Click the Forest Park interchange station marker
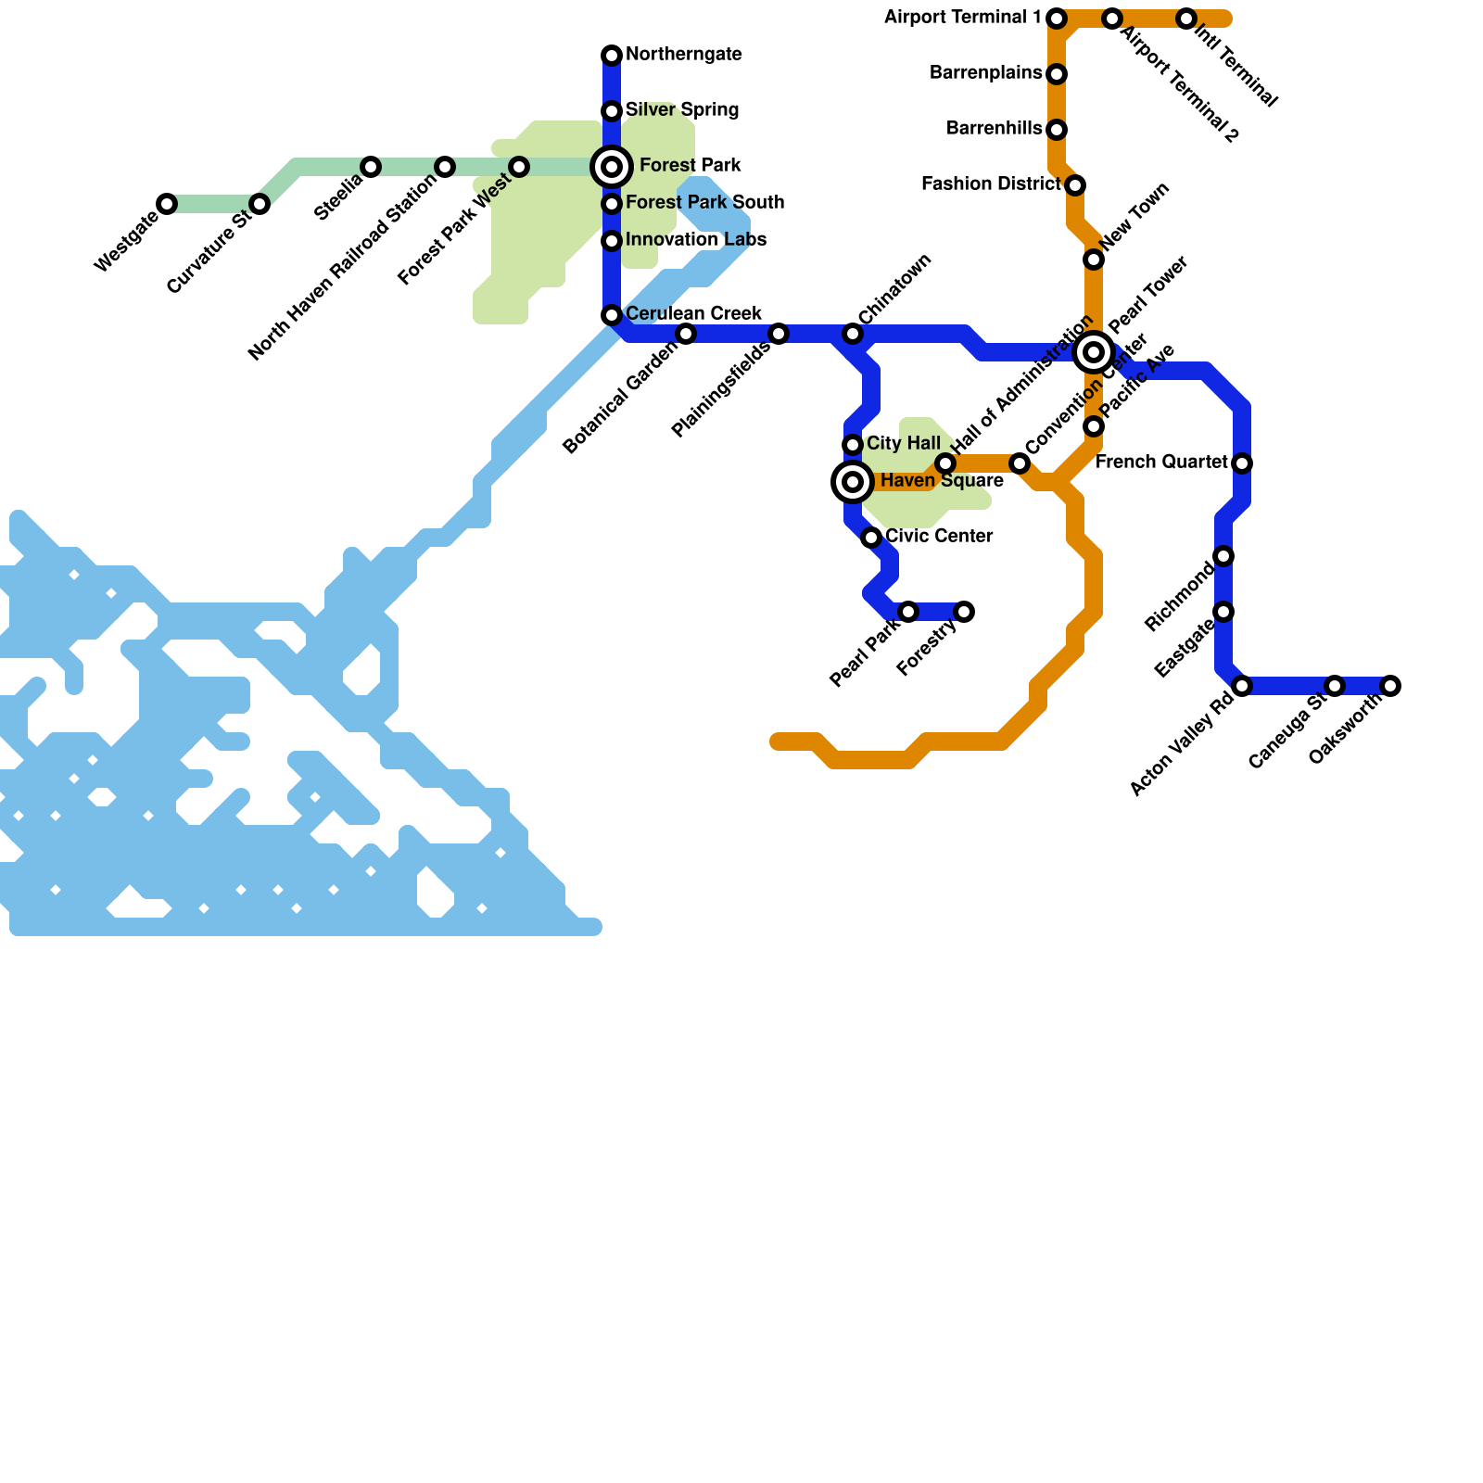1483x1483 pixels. pos(612,167)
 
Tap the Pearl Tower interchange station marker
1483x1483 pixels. pos(1094,352)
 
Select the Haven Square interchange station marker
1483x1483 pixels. pos(853,482)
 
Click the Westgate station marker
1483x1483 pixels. pos(167,204)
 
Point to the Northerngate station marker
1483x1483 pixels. pos(612,56)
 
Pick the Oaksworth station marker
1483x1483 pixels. pos(1390,686)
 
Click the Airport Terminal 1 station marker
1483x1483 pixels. pos(1057,19)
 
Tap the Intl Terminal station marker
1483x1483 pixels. pos(1186,19)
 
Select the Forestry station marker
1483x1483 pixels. pos(964,612)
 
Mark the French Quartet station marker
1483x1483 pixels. pos(1242,463)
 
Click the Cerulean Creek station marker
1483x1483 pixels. pos(612,315)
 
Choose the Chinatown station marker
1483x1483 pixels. pos(853,334)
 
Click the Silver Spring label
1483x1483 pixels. pos(682,110)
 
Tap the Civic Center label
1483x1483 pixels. pos(939,537)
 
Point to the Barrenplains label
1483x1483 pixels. pos(985,73)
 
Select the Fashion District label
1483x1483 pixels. pos(991,184)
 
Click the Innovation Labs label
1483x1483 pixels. pos(696,240)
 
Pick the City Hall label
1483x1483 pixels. pos(904,444)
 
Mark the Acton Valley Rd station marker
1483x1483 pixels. pos(1242,686)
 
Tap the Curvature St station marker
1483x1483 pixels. pos(260,204)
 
